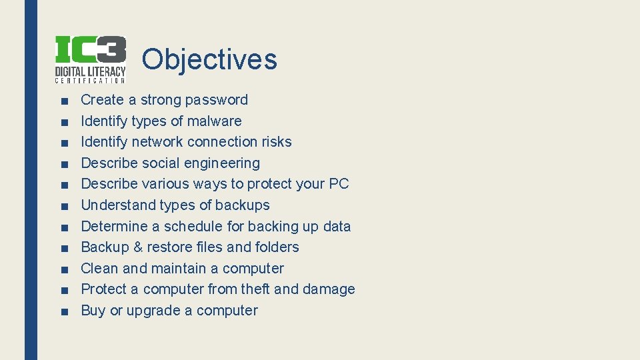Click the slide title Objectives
click(x=209, y=59)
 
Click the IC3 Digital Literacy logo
click(x=90, y=59)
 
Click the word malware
click(x=214, y=121)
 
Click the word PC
click(x=339, y=184)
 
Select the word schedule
click(x=193, y=227)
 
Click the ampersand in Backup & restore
click(x=138, y=247)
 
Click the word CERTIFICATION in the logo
click(x=90, y=81)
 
